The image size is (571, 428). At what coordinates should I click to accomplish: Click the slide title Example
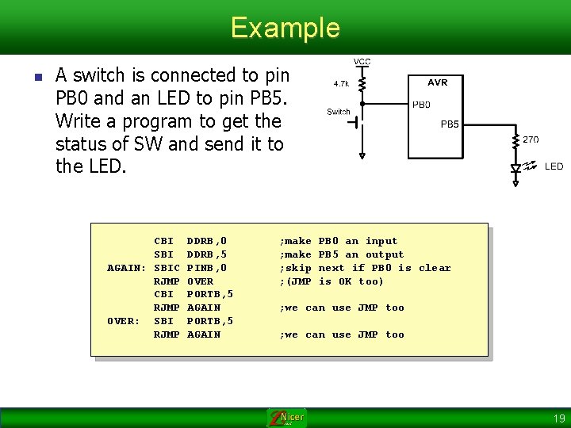[x=285, y=28]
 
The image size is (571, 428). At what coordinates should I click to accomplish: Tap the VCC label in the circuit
[x=362, y=62]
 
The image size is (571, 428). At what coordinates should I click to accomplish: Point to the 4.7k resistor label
[x=343, y=82]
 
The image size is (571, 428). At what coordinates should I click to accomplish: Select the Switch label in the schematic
[x=339, y=112]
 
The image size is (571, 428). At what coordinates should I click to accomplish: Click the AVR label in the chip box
[x=437, y=82]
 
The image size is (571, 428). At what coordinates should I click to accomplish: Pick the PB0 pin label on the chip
[x=421, y=104]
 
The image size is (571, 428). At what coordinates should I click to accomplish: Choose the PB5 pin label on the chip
[x=450, y=124]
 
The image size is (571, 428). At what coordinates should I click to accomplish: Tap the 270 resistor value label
[x=531, y=139]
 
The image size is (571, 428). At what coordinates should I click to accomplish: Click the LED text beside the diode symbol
[x=554, y=166]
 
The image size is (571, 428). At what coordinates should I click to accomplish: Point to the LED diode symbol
[x=516, y=167]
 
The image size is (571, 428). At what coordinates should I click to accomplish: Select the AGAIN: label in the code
[x=127, y=268]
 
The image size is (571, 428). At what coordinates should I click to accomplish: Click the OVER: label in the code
[x=123, y=321]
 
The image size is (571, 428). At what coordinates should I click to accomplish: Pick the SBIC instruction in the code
[x=167, y=268]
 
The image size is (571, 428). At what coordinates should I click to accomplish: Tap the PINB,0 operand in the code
[x=207, y=268]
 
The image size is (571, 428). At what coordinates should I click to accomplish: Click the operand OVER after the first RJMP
[x=200, y=281]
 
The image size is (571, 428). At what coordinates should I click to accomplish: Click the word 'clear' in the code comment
[x=435, y=268]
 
